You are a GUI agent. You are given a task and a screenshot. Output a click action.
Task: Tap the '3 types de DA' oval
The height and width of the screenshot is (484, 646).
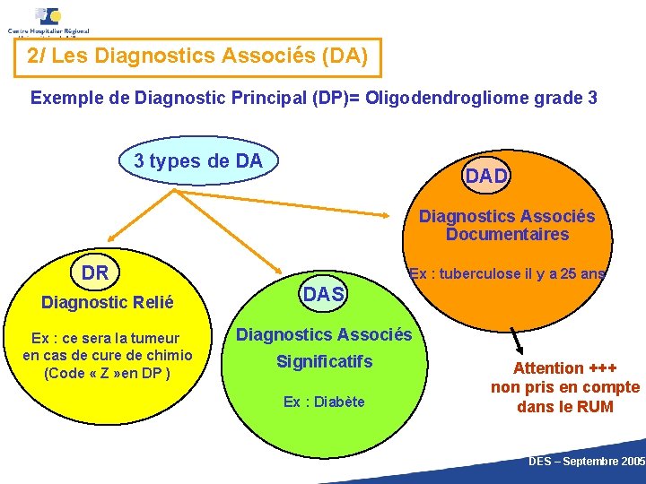point(198,161)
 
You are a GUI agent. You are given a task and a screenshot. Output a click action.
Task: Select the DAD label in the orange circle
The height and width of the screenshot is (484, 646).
point(486,177)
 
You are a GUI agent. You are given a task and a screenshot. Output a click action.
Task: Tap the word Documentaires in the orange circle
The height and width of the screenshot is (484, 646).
point(507,235)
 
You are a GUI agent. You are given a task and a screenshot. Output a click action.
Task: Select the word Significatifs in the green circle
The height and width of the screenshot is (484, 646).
point(324,363)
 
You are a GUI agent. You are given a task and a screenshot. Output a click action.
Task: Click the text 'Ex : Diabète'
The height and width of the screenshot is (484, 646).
point(324,402)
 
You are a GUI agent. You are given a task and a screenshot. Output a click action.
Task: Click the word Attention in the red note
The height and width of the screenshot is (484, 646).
point(548,367)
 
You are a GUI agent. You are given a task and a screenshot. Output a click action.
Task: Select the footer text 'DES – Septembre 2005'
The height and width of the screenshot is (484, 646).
point(587,461)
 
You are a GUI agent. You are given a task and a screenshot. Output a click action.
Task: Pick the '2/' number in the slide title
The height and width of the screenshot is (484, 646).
point(38,56)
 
